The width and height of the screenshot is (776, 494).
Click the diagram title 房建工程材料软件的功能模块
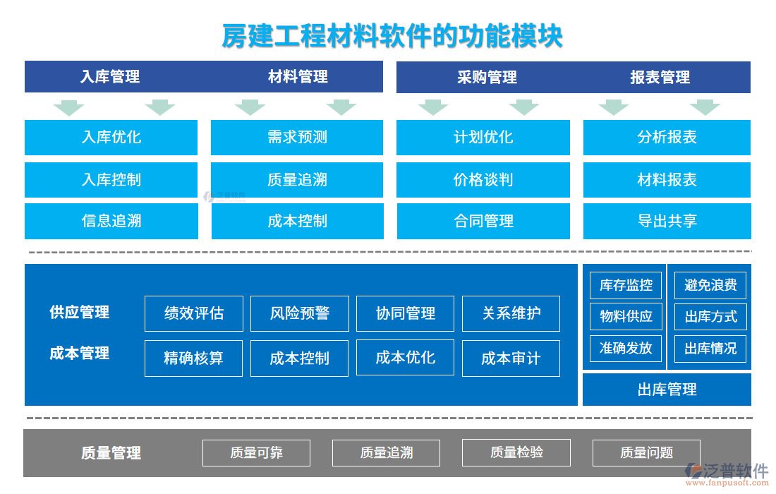[392, 35]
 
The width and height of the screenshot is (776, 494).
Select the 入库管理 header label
[110, 77]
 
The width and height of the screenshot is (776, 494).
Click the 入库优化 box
[111, 138]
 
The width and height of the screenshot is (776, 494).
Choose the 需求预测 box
[297, 138]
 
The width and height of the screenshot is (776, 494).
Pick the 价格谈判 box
[483, 180]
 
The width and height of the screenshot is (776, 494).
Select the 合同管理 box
[484, 222]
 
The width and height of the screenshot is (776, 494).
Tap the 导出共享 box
[667, 222]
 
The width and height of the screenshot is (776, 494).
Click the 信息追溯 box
[111, 222]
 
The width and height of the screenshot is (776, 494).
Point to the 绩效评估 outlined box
[194, 313]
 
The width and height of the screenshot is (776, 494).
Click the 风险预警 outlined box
[300, 313]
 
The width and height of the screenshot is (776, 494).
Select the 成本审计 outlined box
[511, 359]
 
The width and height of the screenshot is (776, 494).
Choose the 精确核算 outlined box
[193, 359]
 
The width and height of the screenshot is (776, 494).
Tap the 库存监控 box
[626, 285]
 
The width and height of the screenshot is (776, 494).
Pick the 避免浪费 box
[710, 285]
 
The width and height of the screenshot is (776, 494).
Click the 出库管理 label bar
[667, 390]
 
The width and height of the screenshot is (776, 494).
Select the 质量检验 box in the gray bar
[516, 452]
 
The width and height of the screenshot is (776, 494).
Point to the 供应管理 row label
[80, 312]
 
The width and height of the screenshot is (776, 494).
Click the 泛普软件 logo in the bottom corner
[727, 474]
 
